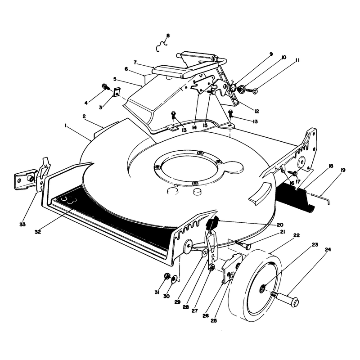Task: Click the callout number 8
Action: pos(168,36)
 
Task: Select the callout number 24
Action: pos(328,250)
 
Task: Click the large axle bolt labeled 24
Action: pos(285,298)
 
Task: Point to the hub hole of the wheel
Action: pos(263,288)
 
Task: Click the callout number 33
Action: pos(22,224)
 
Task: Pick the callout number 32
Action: pos(38,232)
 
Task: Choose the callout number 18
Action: pos(331,166)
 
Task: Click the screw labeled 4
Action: pos(105,87)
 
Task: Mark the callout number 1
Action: pos(66,126)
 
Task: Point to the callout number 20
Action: pos(280,225)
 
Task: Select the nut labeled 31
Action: pos(167,276)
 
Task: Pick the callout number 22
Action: pos(297,235)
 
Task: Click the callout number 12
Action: pos(256,111)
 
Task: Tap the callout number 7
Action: pos(135,62)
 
